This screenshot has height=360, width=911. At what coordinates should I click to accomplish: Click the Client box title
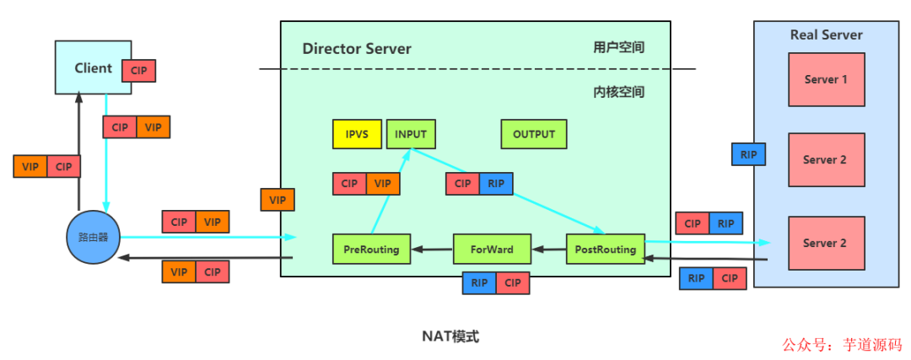(x=93, y=67)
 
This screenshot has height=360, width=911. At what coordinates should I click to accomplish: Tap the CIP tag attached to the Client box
(x=139, y=70)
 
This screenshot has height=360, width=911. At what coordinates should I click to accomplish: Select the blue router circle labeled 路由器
(x=93, y=236)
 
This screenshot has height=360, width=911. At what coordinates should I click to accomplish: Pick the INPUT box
(x=411, y=134)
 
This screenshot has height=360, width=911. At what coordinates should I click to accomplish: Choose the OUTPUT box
(x=534, y=134)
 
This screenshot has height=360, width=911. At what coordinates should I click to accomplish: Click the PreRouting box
(x=371, y=250)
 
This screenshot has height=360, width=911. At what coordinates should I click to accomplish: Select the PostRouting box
(x=605, y=250)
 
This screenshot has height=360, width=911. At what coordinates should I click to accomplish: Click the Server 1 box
(x=826, y=79)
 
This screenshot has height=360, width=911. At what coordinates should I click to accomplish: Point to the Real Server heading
(x=826, y=35)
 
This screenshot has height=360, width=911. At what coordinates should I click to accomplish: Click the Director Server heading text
(x=357, y=49)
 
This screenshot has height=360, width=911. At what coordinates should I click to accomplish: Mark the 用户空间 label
(x=618, y=47)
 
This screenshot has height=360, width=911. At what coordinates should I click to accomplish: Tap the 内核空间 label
(x=618, y=92)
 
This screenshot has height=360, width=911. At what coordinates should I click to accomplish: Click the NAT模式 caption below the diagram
(x=450, y=336)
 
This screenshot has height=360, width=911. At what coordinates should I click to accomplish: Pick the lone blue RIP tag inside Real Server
(x=748, y=154)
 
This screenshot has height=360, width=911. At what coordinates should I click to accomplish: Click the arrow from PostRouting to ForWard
(x=549, y=250)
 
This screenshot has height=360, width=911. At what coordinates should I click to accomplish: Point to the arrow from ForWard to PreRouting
(x=431, y=250)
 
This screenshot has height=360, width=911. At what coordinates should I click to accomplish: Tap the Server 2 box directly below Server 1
(x=826, y=159)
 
